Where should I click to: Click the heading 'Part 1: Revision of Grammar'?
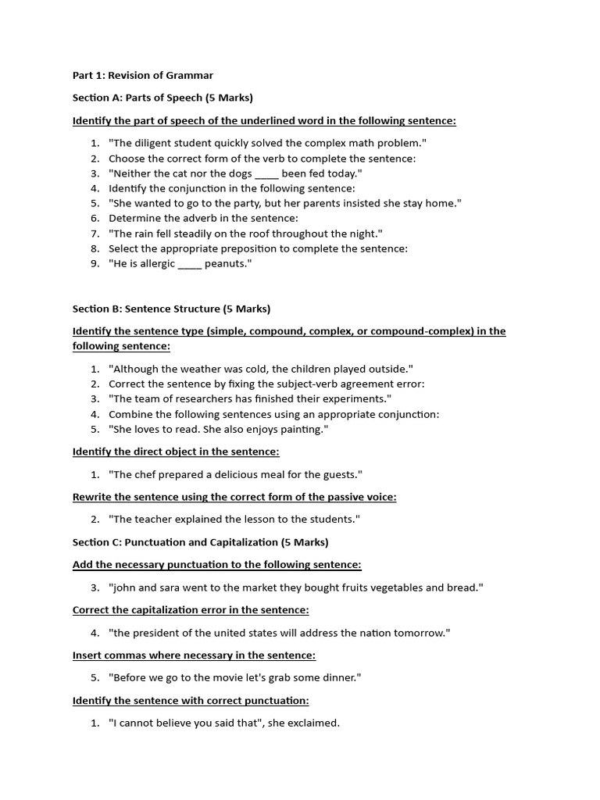click(142, 75)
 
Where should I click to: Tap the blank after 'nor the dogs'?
click(266, 173)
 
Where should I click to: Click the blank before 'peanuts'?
click(190, 264)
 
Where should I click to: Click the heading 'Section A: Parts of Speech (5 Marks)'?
click(162, 98)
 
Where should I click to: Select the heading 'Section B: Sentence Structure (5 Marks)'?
click(171, 309)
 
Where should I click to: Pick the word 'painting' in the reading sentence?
click(300, 430)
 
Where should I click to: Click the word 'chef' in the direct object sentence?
click(146, 475)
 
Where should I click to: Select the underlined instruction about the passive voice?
click(234, 497)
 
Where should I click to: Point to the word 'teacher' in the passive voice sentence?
click(155, 520)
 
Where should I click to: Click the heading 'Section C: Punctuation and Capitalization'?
click(200, 542)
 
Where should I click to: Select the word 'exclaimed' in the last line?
click(313, 723)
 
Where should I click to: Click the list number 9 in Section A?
click(95, 264)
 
